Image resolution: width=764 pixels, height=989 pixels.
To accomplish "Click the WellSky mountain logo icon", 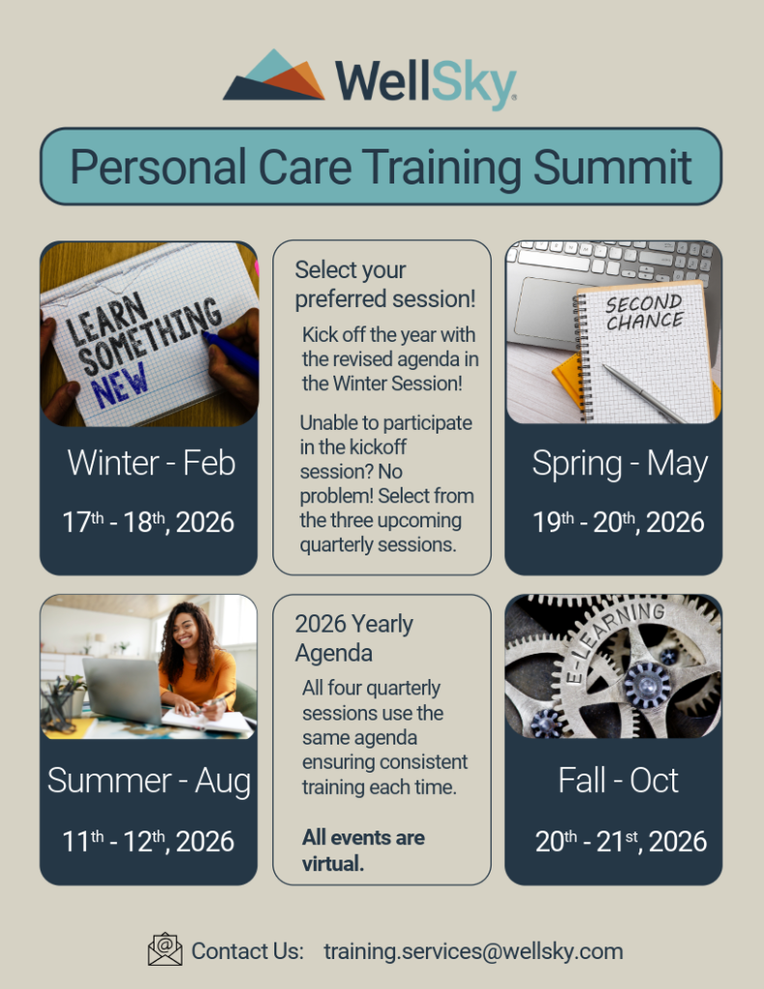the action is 273,74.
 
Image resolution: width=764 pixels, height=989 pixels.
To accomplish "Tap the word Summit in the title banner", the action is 612,167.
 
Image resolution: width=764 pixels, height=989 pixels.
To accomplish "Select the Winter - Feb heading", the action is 152,463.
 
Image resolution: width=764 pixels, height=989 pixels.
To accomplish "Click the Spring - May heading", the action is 619,465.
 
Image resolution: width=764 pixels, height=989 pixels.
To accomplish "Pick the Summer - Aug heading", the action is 149,780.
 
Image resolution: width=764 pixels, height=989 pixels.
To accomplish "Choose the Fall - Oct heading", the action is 618,780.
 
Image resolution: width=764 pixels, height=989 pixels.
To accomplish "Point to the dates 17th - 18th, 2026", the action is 148,522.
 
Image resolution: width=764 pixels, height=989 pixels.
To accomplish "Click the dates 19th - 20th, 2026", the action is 618,522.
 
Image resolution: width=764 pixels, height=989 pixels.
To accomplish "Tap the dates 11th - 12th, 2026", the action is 148,841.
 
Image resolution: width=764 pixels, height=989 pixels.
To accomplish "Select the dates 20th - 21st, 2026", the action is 621,841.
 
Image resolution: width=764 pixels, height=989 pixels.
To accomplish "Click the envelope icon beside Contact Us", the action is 164,950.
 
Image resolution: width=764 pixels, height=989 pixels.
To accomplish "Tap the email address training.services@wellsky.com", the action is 473,951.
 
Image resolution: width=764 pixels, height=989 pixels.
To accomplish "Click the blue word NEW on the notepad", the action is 119,383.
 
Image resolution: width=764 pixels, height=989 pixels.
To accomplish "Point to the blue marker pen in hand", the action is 230,354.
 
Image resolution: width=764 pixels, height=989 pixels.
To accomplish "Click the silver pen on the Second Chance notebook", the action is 642,393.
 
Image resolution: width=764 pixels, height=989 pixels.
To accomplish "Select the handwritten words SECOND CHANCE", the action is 644,312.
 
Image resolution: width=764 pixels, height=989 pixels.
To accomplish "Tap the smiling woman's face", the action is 185,628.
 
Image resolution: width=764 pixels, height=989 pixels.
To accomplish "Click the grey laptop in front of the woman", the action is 124,691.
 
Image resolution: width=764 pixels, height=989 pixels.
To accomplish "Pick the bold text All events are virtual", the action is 363,850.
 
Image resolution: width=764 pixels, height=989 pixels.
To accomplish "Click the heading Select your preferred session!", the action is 384,285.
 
